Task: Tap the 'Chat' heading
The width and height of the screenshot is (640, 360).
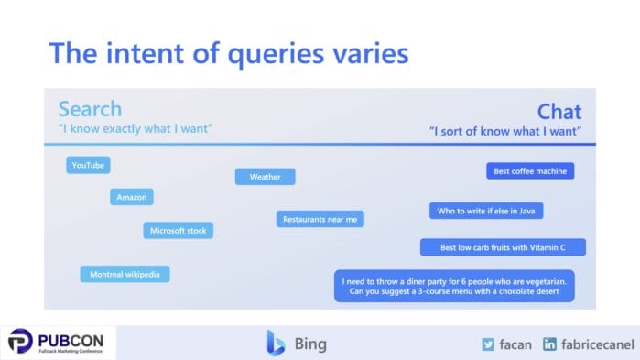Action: (x=559, y=112)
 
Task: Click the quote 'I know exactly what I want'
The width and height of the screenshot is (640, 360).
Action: (x=135, y=128)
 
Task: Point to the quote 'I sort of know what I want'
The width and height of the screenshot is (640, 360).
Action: (x=505, y=132)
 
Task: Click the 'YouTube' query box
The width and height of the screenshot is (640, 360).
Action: (x=88, y=165)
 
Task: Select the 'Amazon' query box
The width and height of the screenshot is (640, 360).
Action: (x=132, y=197)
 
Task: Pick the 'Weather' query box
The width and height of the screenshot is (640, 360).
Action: (x=265, y=177)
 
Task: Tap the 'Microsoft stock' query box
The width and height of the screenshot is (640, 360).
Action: (x=178, y=231)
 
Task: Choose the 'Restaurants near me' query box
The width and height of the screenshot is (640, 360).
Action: (x=320, y=219)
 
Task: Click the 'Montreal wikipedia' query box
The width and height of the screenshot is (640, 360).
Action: (x=125, y=274)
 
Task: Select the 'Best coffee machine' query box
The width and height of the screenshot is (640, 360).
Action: (x=529, y=170)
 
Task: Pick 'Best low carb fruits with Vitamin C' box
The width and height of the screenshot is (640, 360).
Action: (x=503, y=247)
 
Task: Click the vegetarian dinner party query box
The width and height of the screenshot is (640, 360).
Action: (x=455, y=286)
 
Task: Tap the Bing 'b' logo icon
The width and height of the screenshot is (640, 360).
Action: (x=276, y=344)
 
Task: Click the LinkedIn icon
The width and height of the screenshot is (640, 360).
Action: (x=549, y=344)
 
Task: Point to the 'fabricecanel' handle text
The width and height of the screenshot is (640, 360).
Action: (x=595, y=344)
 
